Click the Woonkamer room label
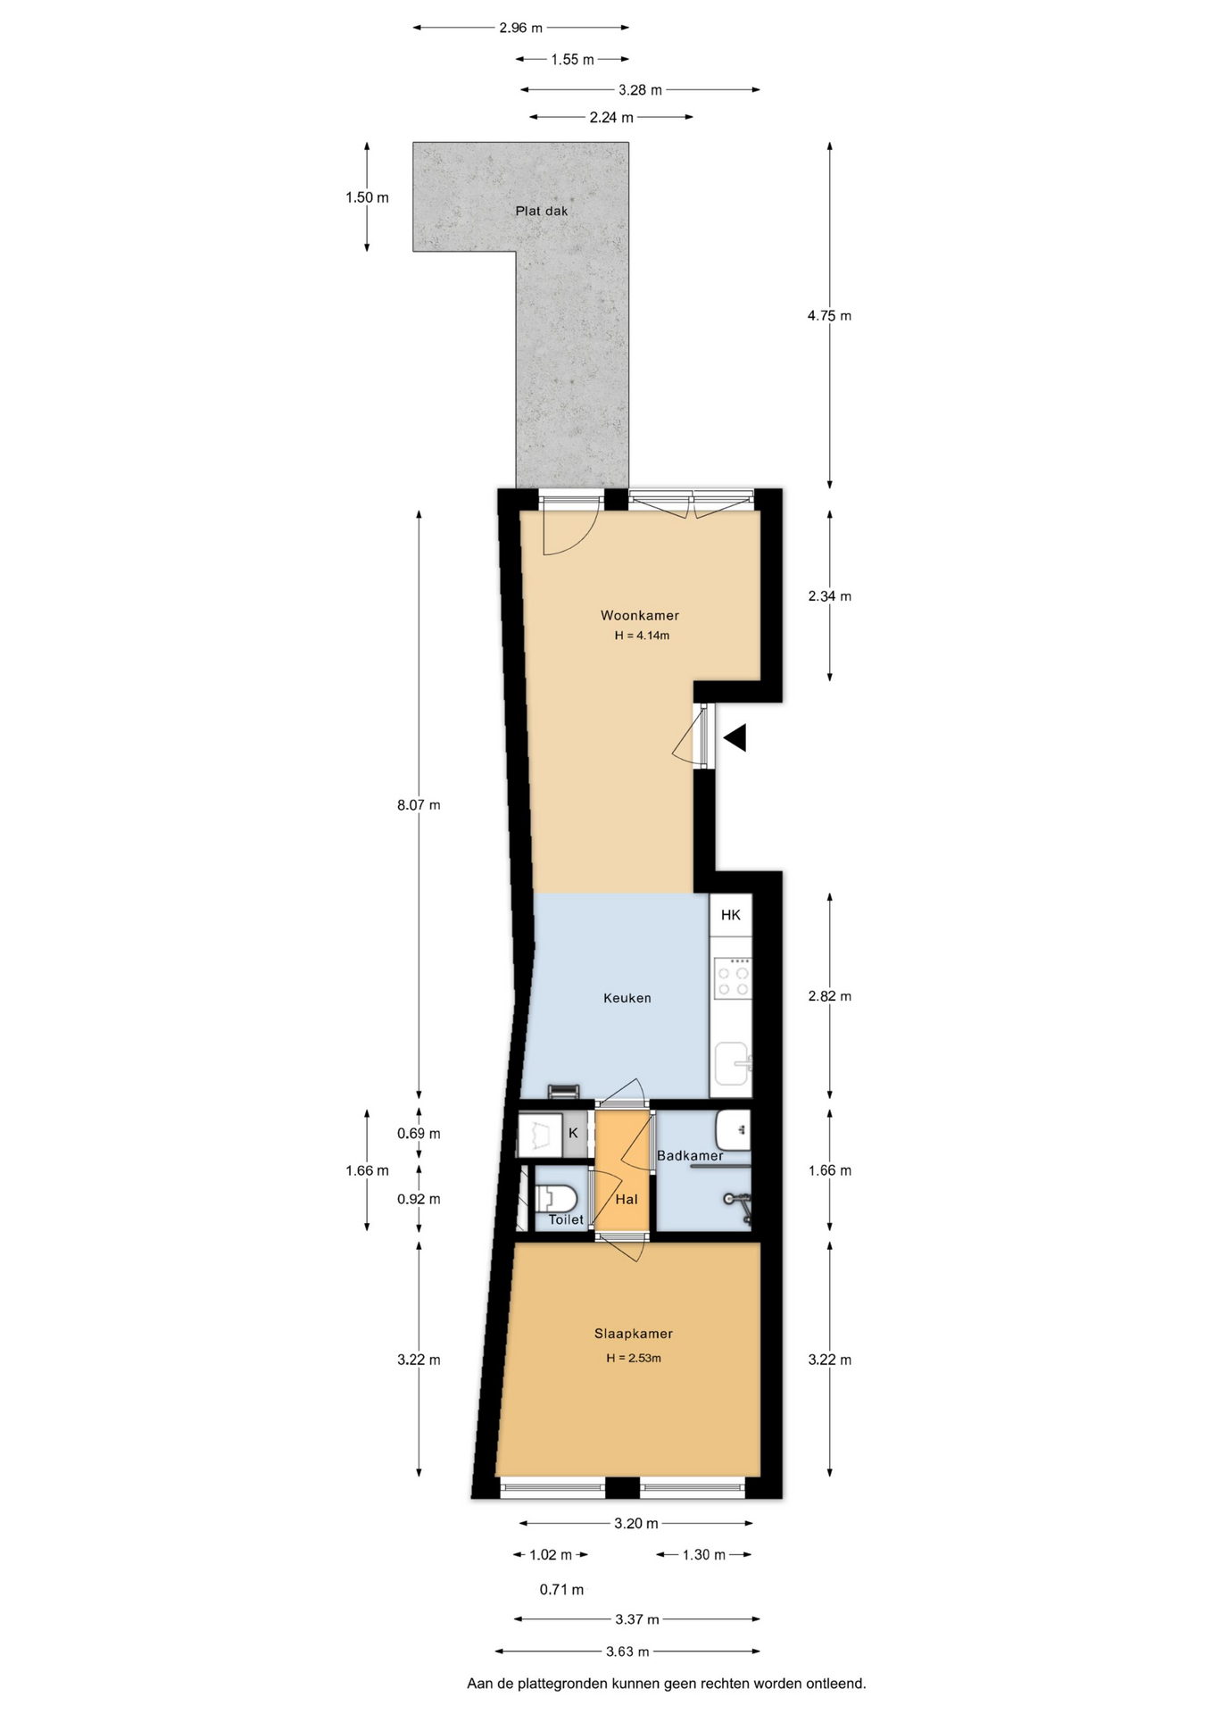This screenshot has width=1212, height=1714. pyautogui.click(x=639, y=615)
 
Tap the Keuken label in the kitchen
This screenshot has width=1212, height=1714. pyautogui.click(x=627, y=998)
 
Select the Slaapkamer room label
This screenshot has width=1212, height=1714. pyautogui.click(x=633, y=1334)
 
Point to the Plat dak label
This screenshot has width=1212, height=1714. pyautogui.click(x=541, y=212)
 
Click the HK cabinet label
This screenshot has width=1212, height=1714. pyautogui.click(x=730, y=915)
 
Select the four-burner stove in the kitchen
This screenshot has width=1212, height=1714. pyautogui.click(x=733, y=978)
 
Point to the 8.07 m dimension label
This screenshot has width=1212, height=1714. pyautogui.click(x=419, y=805)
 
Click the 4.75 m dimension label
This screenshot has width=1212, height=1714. pyautogui.click(x=829, y=316)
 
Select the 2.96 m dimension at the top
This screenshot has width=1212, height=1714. pyautogui.click(x=520, y=28)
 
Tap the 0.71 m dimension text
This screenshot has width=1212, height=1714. pyautogui.click(x=561, y=1590)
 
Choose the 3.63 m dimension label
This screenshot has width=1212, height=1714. pyautogui.click(x=627, y=1652)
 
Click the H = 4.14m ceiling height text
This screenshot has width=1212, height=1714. pyautogui.click(x=642, y=637)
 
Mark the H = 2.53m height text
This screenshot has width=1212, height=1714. pyautogui.click(x=634, y=1359)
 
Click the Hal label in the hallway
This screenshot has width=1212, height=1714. pyautogui.click(x=627, y=1200)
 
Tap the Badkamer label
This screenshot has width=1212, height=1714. pyautogui.click(x=690, y=1156)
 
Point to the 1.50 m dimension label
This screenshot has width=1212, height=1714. pyautogui.click(x=367, y=198)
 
